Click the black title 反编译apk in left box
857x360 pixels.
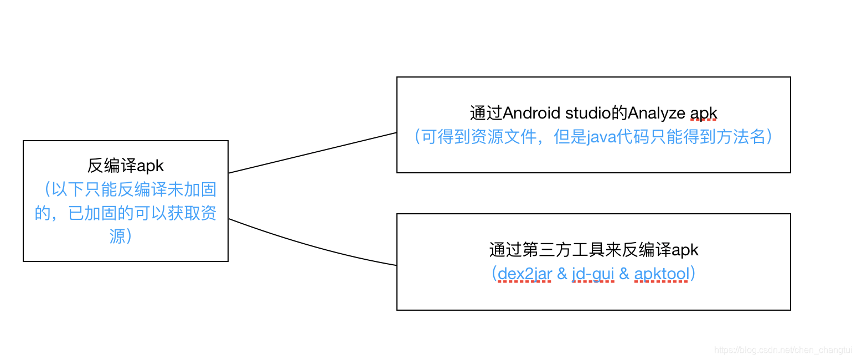coord(126,166)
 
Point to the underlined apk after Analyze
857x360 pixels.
coord(703,114)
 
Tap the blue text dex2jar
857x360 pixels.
coord(524,274)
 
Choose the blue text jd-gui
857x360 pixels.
coord(593,274)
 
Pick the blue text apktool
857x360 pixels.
coord(661,274)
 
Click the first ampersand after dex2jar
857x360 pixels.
coord(562,274)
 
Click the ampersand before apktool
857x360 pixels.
coord(624,274)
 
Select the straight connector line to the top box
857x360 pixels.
coord(313,153)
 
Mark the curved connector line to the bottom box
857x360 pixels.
coord(313,246)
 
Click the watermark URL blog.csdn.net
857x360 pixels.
coord(784,350)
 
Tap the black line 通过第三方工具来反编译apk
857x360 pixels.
coord(593,250)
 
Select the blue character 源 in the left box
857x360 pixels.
coord(117,237)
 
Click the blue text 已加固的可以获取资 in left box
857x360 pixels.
coord(142,214)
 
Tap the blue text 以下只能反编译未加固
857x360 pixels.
coord(131,190)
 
